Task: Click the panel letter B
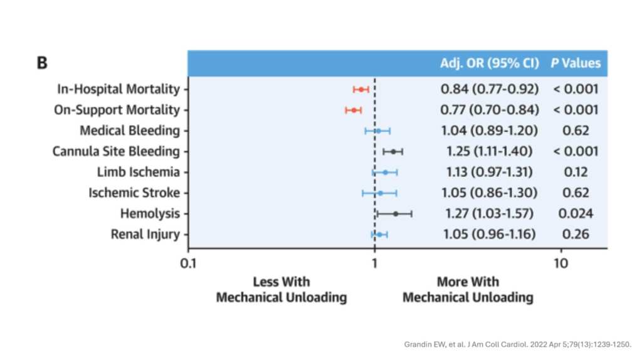pos(43,63)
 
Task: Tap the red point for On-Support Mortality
pos(354,110)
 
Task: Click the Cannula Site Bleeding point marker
pos(393,152)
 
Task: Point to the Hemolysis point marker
pos(395,213)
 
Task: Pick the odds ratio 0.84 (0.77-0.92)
pos(490,89)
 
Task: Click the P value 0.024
pos(576,213)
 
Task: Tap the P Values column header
pos(576,63)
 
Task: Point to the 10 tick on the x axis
pos(560,262)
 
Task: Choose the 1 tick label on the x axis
pos(374,262)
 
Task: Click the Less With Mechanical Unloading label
pos(282,289)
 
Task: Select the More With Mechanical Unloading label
pos(468,289)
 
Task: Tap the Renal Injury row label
pos(145,235)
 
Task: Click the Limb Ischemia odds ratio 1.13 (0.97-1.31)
pos(490,172)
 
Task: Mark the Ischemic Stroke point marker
pos(380,193)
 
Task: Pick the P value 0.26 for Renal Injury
pos(576,235)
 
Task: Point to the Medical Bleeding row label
pos(130,131)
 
